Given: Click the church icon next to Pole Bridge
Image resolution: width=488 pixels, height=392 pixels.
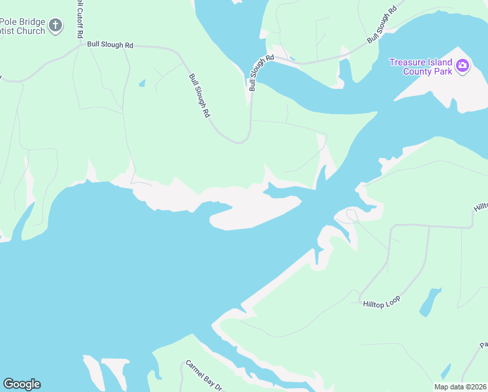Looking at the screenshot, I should [55, 26].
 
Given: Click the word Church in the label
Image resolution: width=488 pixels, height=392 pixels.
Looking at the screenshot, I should [31, 31].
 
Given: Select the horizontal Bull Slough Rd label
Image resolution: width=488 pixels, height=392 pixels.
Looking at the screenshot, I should [110, 45].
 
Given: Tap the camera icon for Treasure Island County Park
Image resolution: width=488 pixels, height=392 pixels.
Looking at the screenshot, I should [463, 65].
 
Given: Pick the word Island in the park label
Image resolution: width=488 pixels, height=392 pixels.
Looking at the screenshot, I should [440, 62].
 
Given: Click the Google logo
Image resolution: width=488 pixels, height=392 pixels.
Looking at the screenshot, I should [22, 384].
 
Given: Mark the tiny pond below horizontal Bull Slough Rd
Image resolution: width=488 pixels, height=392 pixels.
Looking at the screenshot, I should [142, 84].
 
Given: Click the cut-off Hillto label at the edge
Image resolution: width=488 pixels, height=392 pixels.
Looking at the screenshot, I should [481, 206].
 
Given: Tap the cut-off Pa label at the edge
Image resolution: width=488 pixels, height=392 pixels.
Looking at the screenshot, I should [483, 344].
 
